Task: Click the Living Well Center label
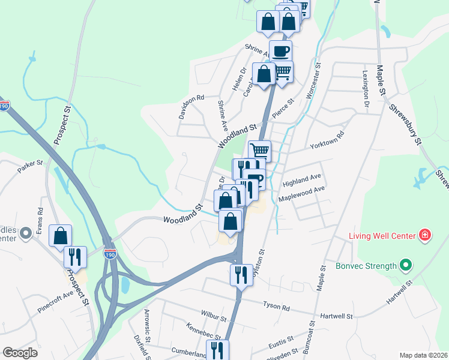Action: click(382, 235)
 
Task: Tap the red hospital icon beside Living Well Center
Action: click(425, 234)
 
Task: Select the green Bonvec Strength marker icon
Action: click(406, 265)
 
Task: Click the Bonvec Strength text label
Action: click(367, 265)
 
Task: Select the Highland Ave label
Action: click(303, 179)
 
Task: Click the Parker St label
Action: click(31, 166)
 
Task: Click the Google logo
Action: click(21, 353)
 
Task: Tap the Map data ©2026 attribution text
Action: click(423, 355)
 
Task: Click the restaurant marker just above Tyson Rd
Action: click(241, 275)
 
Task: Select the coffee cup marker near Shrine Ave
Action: click(281, 50)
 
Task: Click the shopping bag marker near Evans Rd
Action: click(61, 235)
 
